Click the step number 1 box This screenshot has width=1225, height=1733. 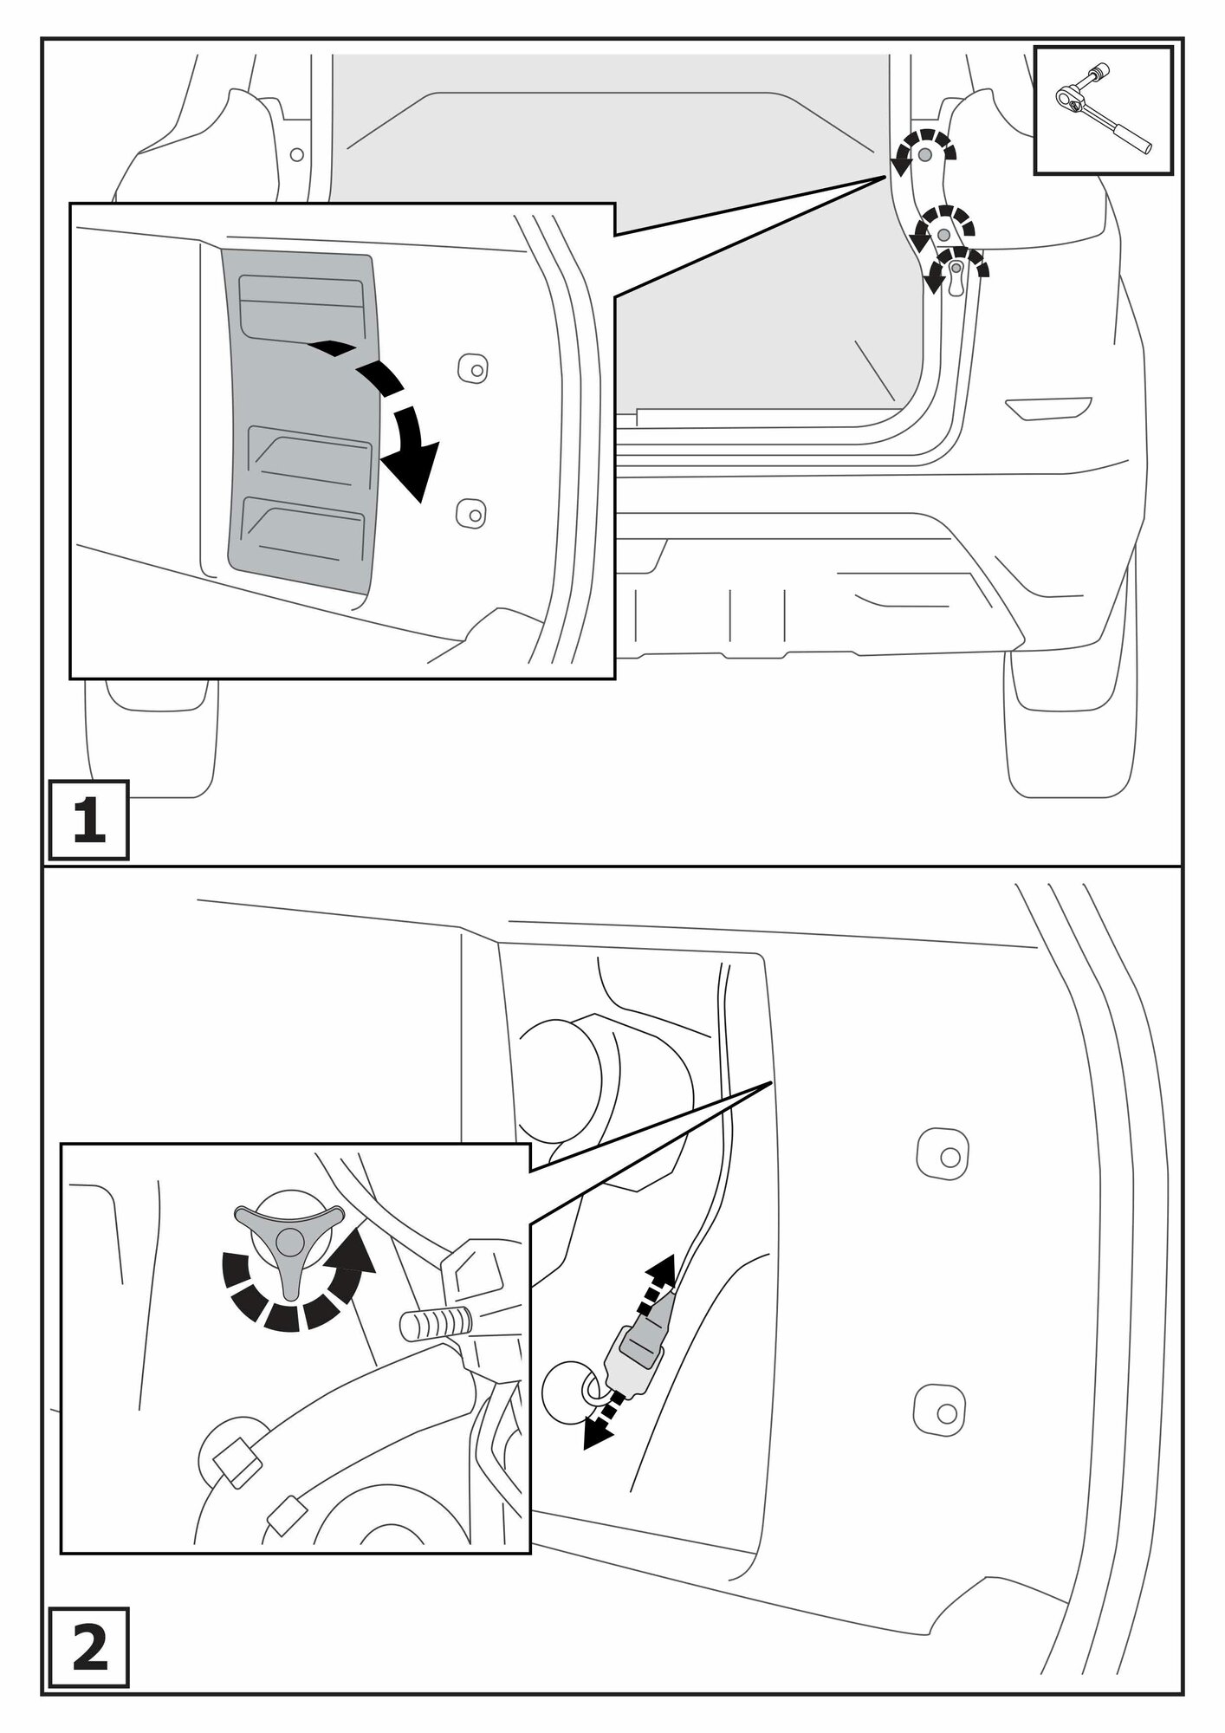click(88, 820)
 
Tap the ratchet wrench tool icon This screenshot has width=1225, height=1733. click(1103, 110)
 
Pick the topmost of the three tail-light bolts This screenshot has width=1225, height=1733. click(925, 154)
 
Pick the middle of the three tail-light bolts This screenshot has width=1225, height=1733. click(944, 234)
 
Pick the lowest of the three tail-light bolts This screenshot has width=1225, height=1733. click(956, 268)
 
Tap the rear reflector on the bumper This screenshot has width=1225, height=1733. click(1048, 407)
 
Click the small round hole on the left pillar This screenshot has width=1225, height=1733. click(297, 154)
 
